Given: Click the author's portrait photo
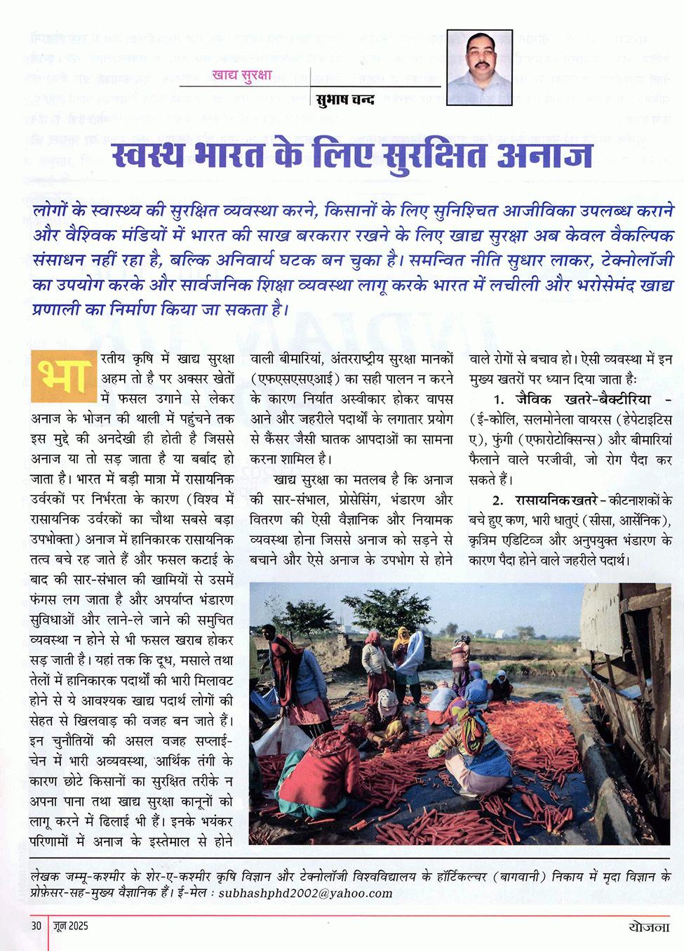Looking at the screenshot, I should tap(479, 67).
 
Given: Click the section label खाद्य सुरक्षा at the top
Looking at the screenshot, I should tap(241, 75).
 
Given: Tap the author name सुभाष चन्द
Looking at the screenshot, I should tap(345, 100).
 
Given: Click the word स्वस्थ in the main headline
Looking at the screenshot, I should tap(149, 154).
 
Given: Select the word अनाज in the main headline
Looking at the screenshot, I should tap(544, 154).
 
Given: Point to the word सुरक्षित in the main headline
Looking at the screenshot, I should tap(434, 154).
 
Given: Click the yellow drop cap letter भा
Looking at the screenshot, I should tap(63, 377).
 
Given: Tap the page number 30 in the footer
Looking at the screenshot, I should tap(36, 926).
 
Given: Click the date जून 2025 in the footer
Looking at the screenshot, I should tap(71, 926).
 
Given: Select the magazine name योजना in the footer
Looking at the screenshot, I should tap(648, 926).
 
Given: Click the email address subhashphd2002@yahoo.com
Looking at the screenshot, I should tap(305, 893).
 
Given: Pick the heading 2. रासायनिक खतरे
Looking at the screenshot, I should tap(545, 500).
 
